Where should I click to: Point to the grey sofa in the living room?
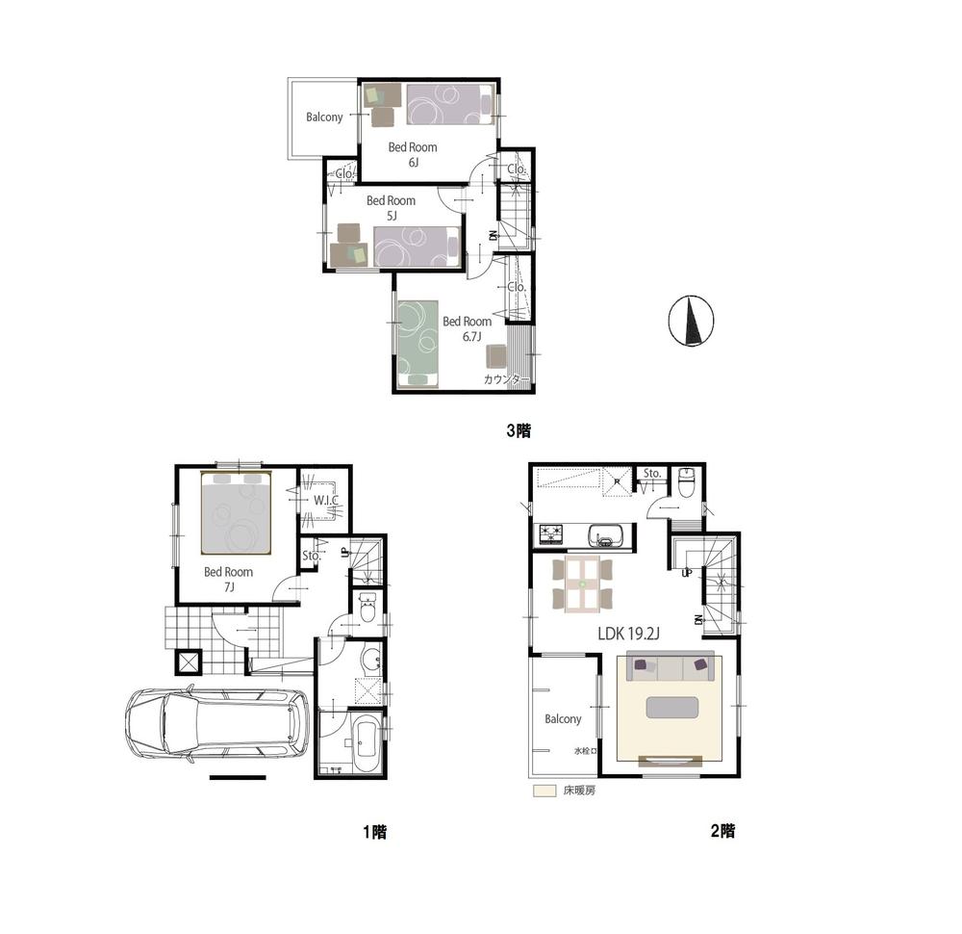coord(672,666)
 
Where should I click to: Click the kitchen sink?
coord(606,534)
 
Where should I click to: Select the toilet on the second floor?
coord(686,482)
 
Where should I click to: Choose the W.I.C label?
coord(323,501)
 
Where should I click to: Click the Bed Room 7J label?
coord(228,579)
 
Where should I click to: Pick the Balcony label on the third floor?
coord(324,117)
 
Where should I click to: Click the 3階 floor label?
coord(519,430)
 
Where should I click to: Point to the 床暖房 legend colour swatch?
coord(544,791)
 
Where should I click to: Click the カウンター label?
coord(502,380)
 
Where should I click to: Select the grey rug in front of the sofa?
coord(671,708)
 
